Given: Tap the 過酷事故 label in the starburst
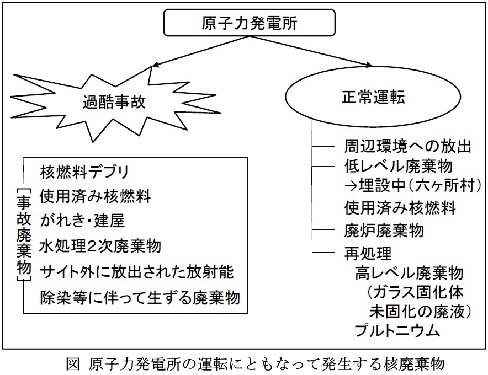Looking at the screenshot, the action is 114,101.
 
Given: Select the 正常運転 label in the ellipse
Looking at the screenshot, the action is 373,97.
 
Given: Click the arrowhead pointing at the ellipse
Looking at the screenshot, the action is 369,65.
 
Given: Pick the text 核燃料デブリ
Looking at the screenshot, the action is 84,172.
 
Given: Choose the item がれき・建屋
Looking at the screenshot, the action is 82,221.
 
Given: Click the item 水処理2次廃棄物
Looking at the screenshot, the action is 100,247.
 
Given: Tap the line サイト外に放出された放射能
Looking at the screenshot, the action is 136,272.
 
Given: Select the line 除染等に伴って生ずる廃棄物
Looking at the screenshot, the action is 140,297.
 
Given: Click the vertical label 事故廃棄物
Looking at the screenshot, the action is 24,235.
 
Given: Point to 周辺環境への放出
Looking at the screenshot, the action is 408,146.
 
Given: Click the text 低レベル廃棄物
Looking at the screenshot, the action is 399,166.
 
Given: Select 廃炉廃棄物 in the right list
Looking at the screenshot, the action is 384,231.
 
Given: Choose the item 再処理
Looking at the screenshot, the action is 368,254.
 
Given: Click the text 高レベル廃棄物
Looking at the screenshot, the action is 409,272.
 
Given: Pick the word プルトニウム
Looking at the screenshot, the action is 397,330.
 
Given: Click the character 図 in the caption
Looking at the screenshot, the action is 73,364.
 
